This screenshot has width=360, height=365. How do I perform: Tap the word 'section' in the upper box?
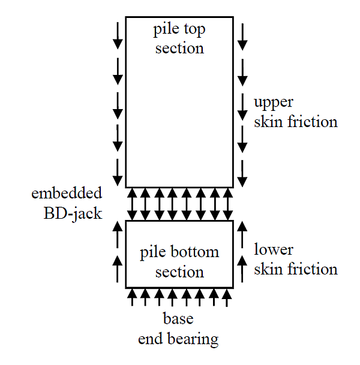pyautogui.click(x=179, y=48)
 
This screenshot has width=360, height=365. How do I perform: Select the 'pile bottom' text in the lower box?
pyautogui.click(x=179, y=252)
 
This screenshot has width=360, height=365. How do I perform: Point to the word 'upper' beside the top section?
pyautogui.click(x=274, y=102)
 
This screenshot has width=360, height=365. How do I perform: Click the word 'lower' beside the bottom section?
pyautogui.click(x=273, y=249)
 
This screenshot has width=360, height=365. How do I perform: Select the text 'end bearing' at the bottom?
pyautogui.click(x=178, y=339)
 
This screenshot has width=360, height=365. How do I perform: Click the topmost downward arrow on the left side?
pyautogui.click(x=118, y=36)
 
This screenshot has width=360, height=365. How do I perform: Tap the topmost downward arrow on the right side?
pyautogui.click(x=242, y=36)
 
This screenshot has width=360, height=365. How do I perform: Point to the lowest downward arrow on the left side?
pyautogui.click(x=118, y=173)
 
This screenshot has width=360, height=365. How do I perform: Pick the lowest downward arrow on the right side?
pyautogui.click(x=242, y=173)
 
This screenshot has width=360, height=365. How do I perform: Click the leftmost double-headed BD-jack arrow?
pyautogui.click(x=132, y=204)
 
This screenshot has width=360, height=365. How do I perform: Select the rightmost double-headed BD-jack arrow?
pyautogui.click(x=227, y=204)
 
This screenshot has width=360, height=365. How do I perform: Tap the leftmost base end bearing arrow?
pyautogui.click(x=132, y=298)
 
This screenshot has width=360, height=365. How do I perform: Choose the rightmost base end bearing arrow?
pyautogui.click(x=227, y=298)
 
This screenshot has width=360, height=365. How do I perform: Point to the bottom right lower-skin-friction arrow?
pyautogui.click(x=242, y=269)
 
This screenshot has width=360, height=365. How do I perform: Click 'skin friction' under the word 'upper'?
pyautogui.click(x=295, y=122)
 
